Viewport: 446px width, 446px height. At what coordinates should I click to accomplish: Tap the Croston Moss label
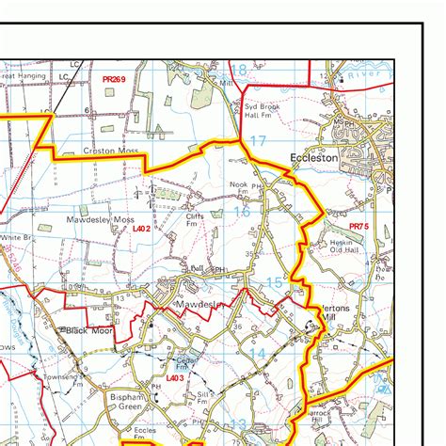click(110, 151)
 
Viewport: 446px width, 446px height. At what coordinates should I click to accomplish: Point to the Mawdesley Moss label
click(101, 219)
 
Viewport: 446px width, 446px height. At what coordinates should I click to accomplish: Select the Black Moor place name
click(89, 331)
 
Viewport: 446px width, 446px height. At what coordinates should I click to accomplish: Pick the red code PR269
click(114, 82)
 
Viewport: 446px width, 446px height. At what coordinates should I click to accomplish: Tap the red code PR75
click(358, 227)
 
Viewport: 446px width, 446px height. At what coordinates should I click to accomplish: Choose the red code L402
click(141, 228)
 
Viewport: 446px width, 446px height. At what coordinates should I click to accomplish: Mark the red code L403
click(174, 377)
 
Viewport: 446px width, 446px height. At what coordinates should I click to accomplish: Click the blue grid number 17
click(258, 141)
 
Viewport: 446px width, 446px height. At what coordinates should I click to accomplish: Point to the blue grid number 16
click(243, 213)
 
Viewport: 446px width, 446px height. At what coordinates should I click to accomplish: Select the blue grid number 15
click(274, 282)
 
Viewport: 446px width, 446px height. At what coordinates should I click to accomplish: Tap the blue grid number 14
click(257, 352)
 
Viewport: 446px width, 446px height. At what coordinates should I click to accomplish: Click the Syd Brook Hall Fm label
click(263, 111)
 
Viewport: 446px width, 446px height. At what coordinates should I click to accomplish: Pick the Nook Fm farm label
click(237, 189)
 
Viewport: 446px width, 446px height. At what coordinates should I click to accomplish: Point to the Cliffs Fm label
click(194, 219)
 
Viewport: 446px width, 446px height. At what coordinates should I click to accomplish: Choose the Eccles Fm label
click(145, 433)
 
